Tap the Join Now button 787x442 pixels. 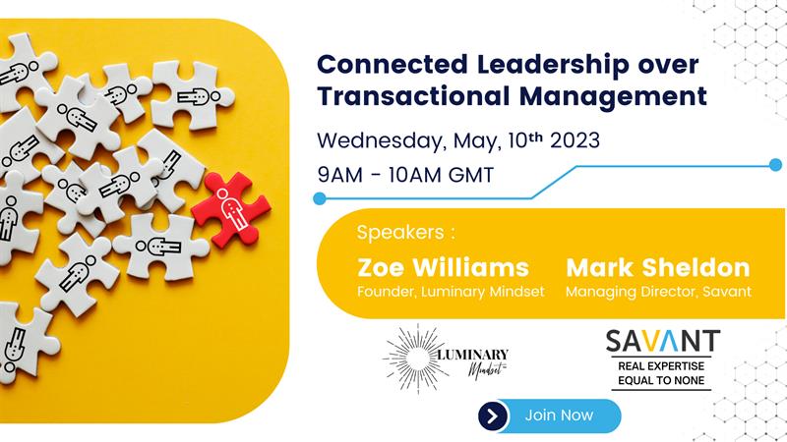[559, 415]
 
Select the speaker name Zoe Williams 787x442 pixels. [443, 267]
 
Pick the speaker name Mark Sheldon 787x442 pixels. [658, 267]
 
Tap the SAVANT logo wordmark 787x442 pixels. [662, 343]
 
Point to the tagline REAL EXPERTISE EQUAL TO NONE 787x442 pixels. [662, 373]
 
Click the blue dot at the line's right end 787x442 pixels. [775, 164]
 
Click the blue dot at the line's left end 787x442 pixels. [319, 198]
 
